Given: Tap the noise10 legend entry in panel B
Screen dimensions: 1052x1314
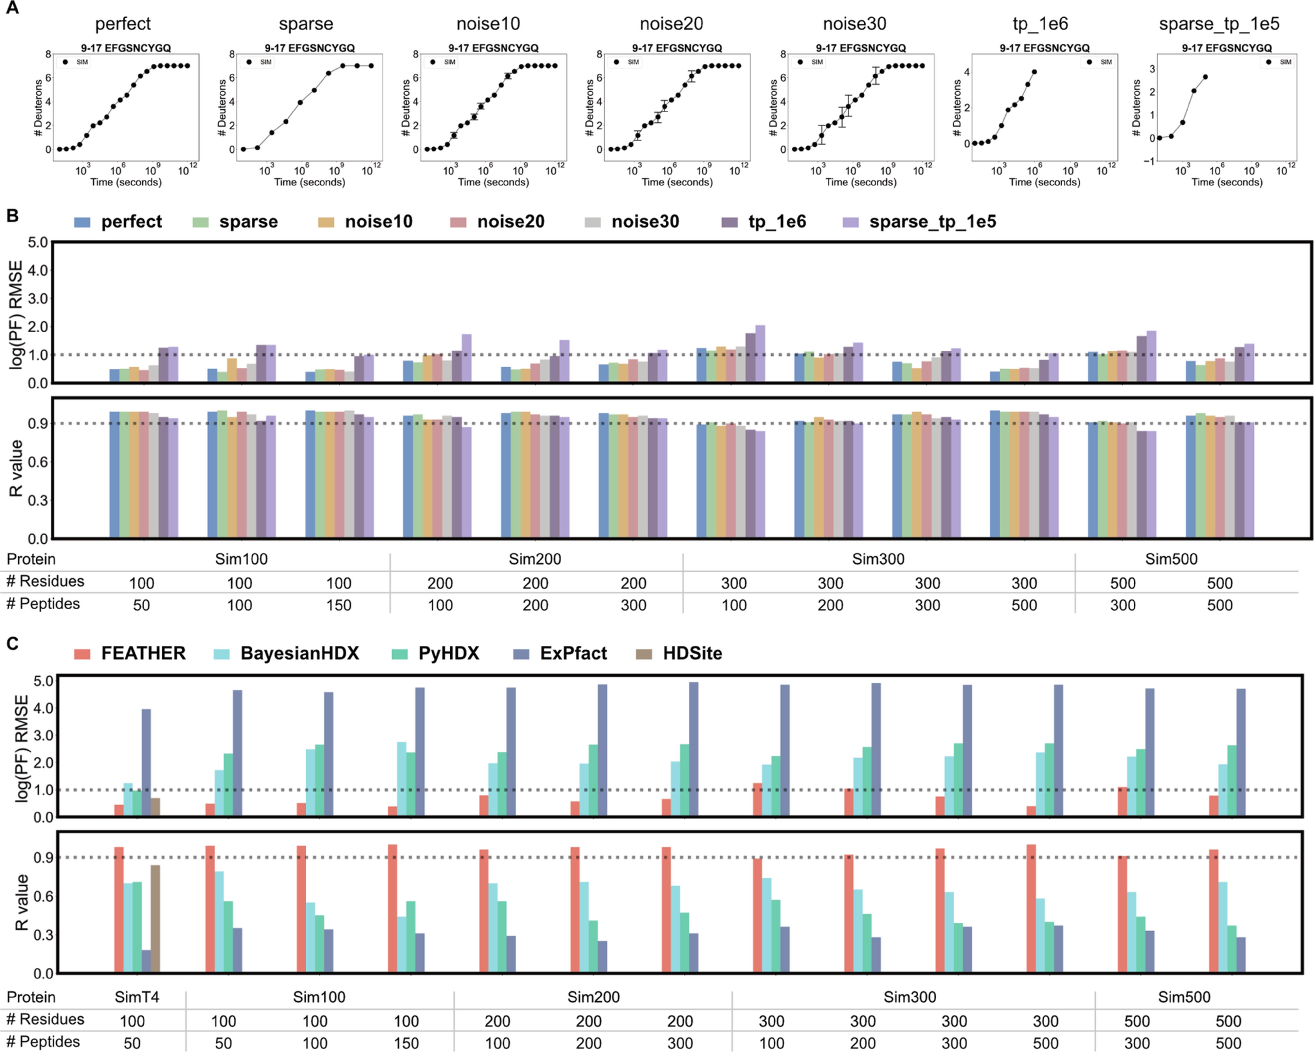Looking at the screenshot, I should (378, 222).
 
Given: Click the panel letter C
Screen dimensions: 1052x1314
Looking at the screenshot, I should (12, 644).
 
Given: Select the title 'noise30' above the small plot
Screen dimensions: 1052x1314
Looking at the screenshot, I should (854, 24).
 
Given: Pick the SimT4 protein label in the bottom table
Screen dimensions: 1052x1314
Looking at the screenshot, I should (137, 997).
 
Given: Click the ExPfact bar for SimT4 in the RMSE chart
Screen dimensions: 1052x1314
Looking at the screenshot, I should (146, 762).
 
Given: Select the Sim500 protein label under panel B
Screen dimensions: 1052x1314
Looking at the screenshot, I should (1171, 559).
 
